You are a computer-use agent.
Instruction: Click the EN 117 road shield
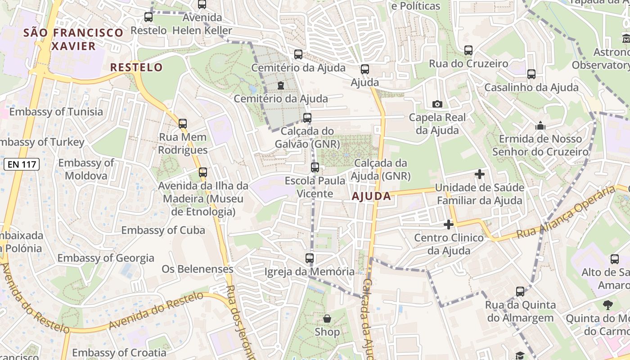pos(22,164)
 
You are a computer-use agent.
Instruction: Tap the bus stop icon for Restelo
pos(148,17)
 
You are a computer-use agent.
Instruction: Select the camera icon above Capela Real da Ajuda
pos(437,104)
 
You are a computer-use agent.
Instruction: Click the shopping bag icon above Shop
pos(327,319)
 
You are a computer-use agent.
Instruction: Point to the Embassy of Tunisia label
pos(56,112)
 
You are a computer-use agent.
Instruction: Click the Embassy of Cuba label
pos(163,230)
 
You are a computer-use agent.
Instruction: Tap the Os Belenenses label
pos(198,269)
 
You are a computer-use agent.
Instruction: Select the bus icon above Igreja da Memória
pos(309,258)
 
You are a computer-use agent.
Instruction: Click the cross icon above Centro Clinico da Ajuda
pos(448,224)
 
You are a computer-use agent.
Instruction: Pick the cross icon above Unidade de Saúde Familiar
pos(480,174)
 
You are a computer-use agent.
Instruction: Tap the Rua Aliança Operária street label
pos(566,212)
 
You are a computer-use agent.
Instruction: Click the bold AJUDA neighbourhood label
pos(371,196)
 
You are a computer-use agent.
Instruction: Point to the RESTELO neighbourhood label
pos(136,67)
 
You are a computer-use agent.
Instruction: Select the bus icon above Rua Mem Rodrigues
pos(182,123)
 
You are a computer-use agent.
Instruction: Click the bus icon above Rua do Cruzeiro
pos(468,50)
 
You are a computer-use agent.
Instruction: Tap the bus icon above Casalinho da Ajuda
pos(531,74)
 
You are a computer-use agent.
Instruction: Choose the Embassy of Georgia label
pos(106,258)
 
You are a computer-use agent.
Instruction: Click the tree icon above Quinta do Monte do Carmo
pos(608,305)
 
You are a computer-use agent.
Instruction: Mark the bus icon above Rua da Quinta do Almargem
pos(520,292)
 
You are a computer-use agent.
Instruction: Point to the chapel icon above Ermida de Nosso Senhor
pos(540,126)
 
